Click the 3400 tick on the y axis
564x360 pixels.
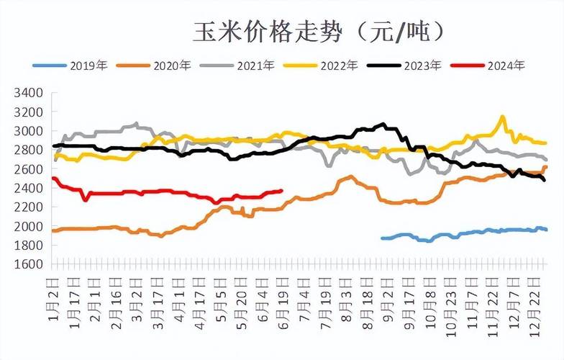[29, 93]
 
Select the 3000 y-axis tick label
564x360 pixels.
[29, 131]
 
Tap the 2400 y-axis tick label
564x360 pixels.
[29, 188]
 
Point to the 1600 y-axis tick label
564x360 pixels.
[29, 264]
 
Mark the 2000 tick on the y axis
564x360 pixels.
[29, 226]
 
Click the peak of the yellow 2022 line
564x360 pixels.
[502, 117]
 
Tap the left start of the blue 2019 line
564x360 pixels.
[382, 238]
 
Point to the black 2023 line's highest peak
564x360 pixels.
[383, 125]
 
